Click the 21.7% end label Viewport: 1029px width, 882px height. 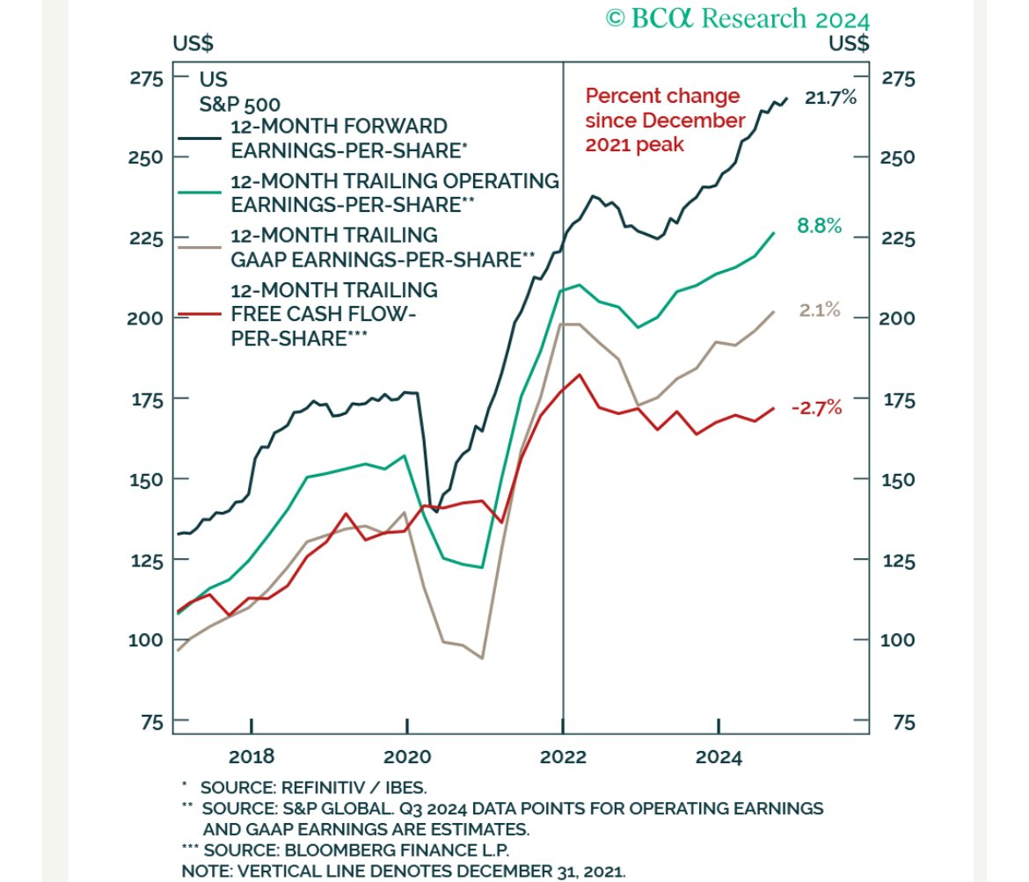point(830,98)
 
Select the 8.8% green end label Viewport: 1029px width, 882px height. point(819,226)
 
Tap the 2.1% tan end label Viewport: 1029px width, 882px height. point(820,310)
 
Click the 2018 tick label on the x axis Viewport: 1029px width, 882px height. point(251,756)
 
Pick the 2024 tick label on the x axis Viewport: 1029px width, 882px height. point(719,756)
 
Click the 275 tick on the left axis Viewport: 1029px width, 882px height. point(147,78)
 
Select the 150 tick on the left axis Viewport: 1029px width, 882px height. point(147,480)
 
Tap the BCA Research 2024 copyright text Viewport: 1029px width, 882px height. point(737,18)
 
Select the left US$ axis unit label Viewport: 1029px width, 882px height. point(193,42)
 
